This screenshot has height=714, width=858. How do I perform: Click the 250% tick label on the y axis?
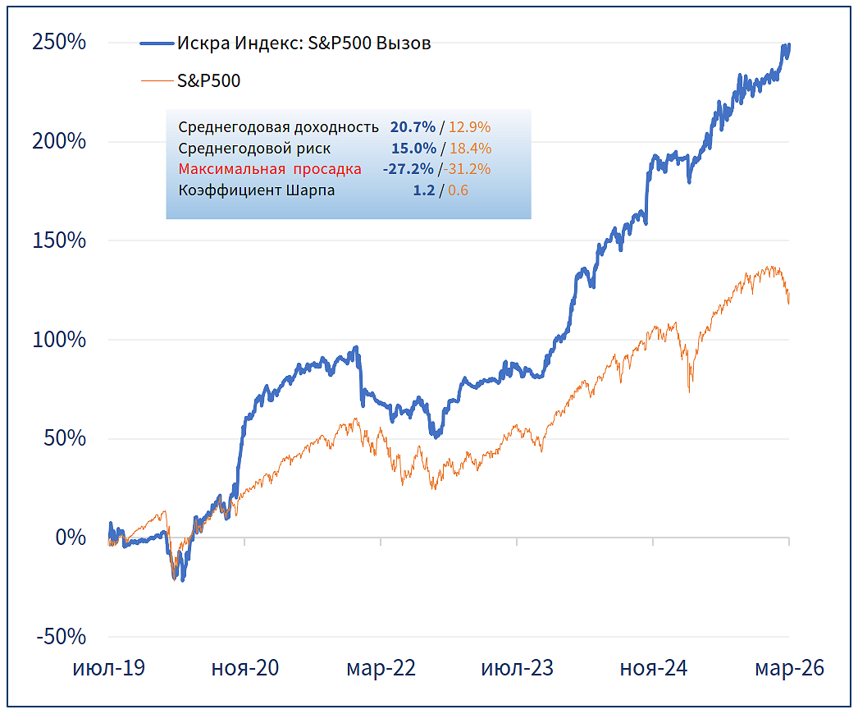59,42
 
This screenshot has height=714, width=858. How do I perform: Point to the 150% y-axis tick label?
59,240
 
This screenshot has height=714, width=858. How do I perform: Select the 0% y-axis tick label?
70,538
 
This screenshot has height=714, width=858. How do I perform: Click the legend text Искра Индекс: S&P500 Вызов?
303,43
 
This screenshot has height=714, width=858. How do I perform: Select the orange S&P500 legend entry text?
209,80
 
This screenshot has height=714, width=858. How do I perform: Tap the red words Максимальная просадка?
270,170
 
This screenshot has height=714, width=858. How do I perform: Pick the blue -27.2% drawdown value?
408,170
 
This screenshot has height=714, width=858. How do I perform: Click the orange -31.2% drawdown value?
467,170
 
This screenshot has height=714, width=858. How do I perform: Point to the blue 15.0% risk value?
413,149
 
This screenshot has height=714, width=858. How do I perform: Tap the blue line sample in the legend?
157,43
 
